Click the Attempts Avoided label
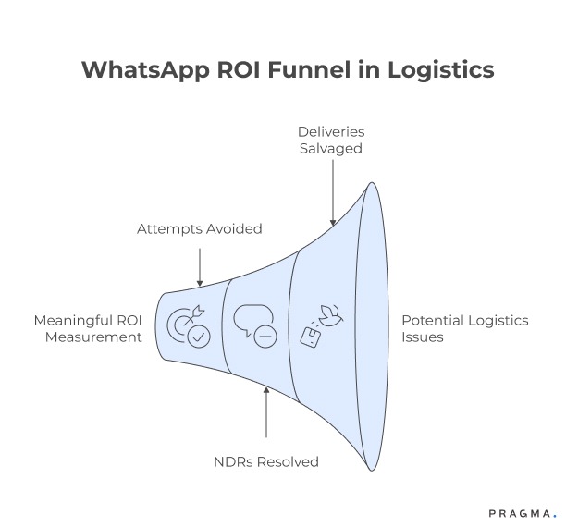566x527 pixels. (x=199, y=227)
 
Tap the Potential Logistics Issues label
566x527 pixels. (x=464, y=328)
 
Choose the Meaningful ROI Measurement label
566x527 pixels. (x=89, y=328)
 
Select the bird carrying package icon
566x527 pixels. (x=320, y=325)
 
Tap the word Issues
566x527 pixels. (x=423, y=337)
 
